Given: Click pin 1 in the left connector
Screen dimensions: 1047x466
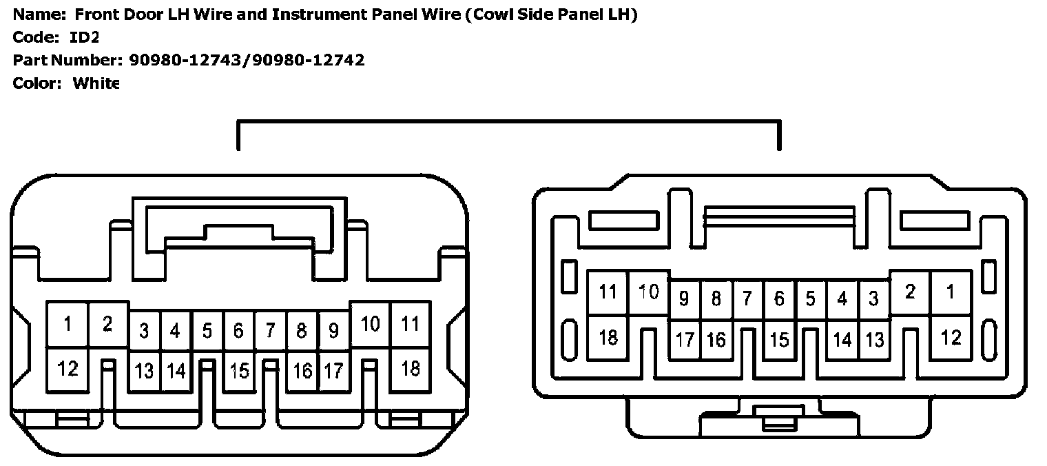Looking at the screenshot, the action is (68, 323).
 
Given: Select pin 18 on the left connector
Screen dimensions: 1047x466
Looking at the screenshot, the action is (411, 369).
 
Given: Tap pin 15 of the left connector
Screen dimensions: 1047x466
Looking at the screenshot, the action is (239, 371).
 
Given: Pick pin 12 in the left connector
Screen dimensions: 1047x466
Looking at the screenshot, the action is (68, 369).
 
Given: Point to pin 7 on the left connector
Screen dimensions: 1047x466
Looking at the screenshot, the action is (270, 331).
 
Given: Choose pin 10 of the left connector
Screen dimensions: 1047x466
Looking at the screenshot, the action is (371, 323).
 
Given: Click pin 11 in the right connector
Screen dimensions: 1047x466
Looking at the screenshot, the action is (608, 292).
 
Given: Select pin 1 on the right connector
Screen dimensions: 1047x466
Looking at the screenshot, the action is (951, 292).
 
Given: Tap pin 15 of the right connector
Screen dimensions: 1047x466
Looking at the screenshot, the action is (779, 339).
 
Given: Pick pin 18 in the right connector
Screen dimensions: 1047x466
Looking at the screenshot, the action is (608, 338).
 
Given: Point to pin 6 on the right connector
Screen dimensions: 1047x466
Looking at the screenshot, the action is (779, 299).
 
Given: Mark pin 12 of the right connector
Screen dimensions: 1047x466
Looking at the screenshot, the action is (951, 338).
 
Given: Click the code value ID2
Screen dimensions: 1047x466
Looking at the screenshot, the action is (85, 37).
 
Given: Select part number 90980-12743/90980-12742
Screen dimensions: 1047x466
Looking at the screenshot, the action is (247, 60).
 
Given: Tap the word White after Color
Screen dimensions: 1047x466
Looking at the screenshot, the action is (96, 83).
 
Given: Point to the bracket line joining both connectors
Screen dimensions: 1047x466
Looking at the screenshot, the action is (508, 122).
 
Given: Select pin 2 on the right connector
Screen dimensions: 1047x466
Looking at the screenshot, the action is (910, 292).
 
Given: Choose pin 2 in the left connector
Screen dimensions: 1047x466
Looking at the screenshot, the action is (107, 323).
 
